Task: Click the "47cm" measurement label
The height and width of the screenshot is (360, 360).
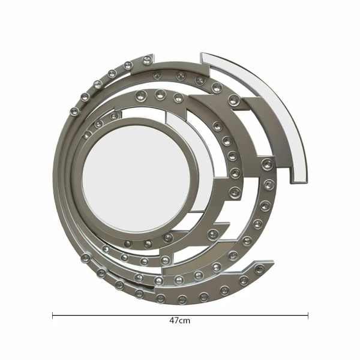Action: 180,320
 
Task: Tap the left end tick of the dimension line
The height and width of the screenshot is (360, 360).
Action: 53,316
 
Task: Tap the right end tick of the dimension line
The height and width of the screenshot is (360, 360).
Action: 308,316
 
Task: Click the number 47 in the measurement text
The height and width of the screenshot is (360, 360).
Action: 174,320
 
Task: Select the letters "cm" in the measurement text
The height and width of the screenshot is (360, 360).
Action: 185,321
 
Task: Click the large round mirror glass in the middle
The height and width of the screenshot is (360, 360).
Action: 136,178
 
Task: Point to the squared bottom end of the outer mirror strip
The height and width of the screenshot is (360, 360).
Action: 299,182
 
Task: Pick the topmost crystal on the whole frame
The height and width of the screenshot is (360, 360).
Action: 147,60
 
